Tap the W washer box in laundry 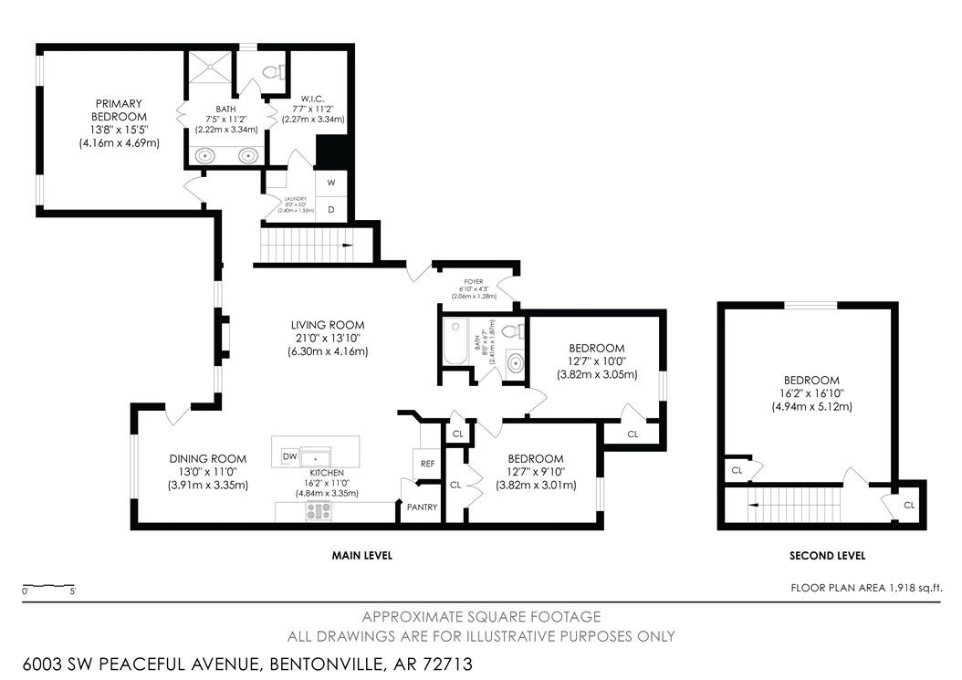click(x=330, y=183)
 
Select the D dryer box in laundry click(x=330, y=209)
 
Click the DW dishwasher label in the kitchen click(x=290, y=455)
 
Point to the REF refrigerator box click(x=427, y=464)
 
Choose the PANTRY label click(x=422, y=507)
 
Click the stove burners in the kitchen click(x=319, y=511)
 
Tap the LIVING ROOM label click(x=328, y=325)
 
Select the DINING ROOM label click(x=207, y=459)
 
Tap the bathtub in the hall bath click(x=455, y=345)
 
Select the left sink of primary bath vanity click(x=207, y=155)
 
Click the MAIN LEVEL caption click(x=361, y=555)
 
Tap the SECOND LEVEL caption click(x=827, y=555)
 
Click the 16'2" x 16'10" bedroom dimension click(x=810, y=393)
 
